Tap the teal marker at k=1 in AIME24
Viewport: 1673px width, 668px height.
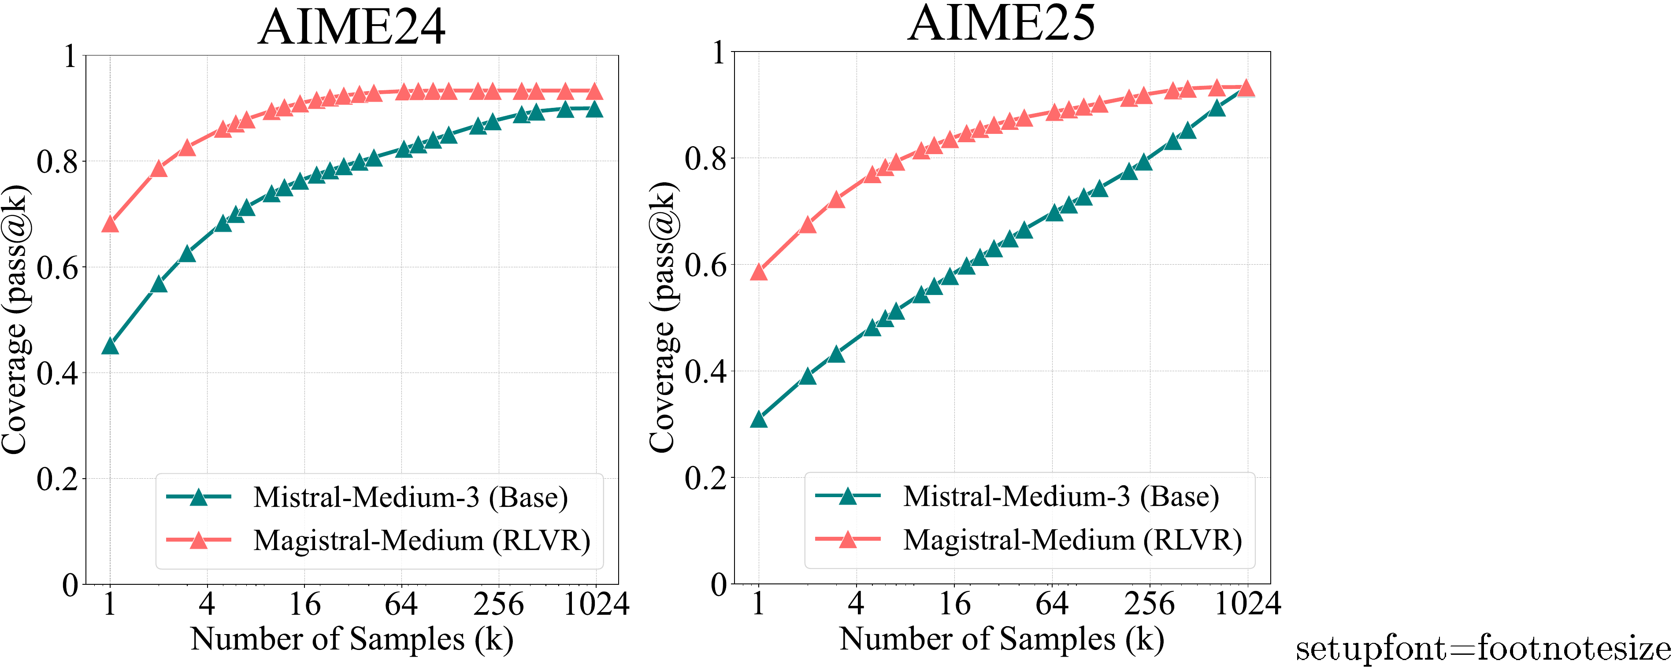tap(110, 347)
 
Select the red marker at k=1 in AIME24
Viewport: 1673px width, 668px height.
tap(110, 225)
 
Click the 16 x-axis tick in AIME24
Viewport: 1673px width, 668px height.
tap(304, 605)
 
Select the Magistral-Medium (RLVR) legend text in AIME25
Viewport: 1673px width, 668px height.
tap(1072, 540)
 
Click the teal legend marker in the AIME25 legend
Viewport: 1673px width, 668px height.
tap(848, 497)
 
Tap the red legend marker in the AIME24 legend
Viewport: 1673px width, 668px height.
tap(199, 540)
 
